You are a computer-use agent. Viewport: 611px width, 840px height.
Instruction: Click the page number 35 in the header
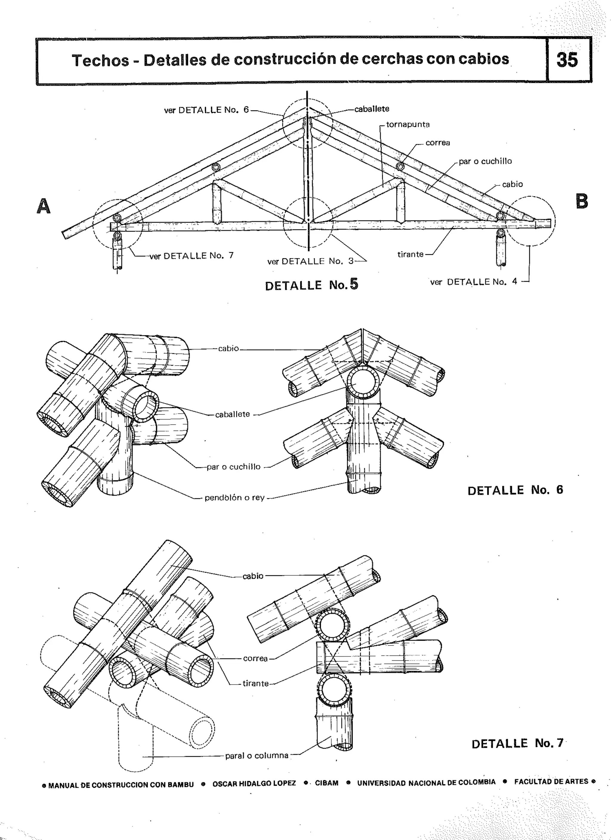tap(567, 60)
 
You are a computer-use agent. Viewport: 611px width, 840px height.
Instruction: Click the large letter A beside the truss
tap(44, 206)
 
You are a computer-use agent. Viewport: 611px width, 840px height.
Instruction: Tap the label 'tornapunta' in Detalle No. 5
tap(408, 124)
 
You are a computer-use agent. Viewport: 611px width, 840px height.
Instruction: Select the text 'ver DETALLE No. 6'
tap(206, 110)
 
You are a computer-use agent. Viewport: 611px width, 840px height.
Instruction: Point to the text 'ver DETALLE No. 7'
tap(192, 255)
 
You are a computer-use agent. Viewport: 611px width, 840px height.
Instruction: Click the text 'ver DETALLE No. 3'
tap(310, 261)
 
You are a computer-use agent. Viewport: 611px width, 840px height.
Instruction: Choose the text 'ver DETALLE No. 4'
tap(473, 282)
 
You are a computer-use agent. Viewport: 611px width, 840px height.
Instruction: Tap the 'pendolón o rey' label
tap(234, 498)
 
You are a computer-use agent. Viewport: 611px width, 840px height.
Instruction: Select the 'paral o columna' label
tap(257, 756)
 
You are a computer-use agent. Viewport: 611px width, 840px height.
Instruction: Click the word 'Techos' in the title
tap(100, 60)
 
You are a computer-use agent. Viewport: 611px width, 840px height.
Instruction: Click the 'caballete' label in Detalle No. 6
tap(232, 414)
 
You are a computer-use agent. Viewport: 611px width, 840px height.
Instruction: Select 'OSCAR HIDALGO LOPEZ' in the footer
tap(254, 784)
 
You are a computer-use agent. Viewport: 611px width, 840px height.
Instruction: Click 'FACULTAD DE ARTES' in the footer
tap(551, 782)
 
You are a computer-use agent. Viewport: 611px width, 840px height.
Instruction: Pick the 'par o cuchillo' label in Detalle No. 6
tap(233, 467)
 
